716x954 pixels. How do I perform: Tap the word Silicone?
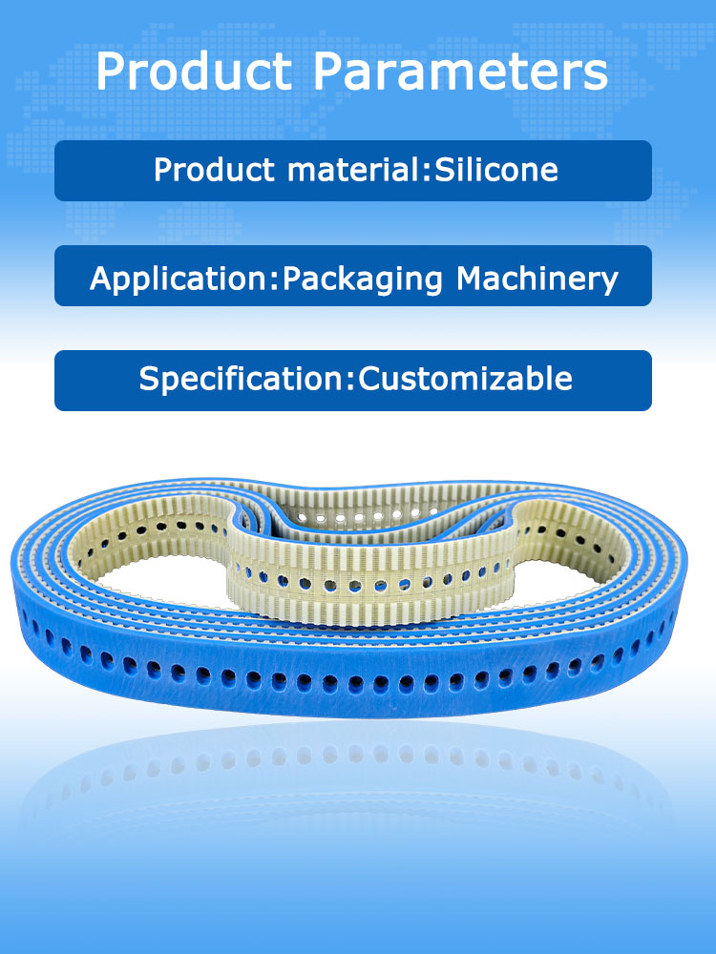pos(495,170)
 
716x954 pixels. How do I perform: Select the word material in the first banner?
pos(348,171)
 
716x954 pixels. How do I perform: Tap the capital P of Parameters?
pos(330,72)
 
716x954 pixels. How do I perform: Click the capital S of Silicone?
pos(443,170)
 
